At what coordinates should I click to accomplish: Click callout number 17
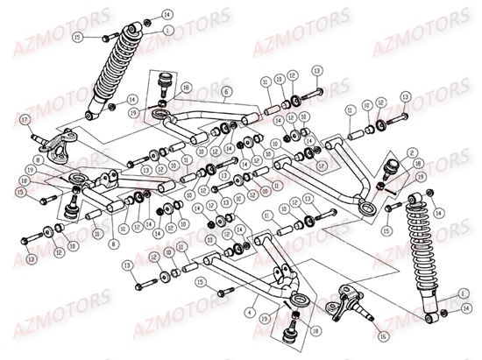(x=25, y=119)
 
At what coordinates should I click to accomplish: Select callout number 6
(x=226, y=91)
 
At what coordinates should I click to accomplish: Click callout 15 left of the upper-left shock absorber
(x=78, y=38)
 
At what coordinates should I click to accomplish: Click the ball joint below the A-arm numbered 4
(x=290, y=334)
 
